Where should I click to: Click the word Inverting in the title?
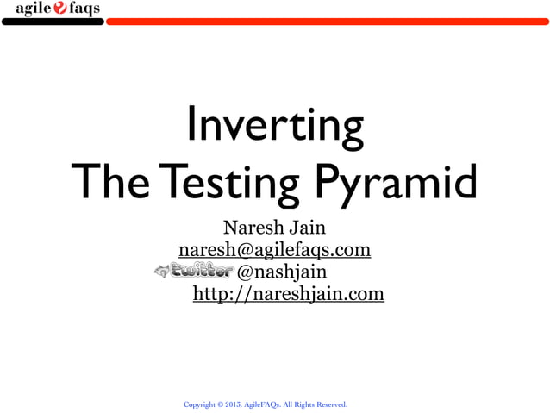274,126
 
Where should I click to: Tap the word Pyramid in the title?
393,182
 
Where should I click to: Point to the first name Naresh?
252,228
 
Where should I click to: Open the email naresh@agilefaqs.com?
274,250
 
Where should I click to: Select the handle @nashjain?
281,272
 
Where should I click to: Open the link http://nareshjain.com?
288,295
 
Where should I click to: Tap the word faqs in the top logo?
84,9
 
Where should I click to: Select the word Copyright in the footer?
200,404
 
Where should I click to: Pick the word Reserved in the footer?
332,404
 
